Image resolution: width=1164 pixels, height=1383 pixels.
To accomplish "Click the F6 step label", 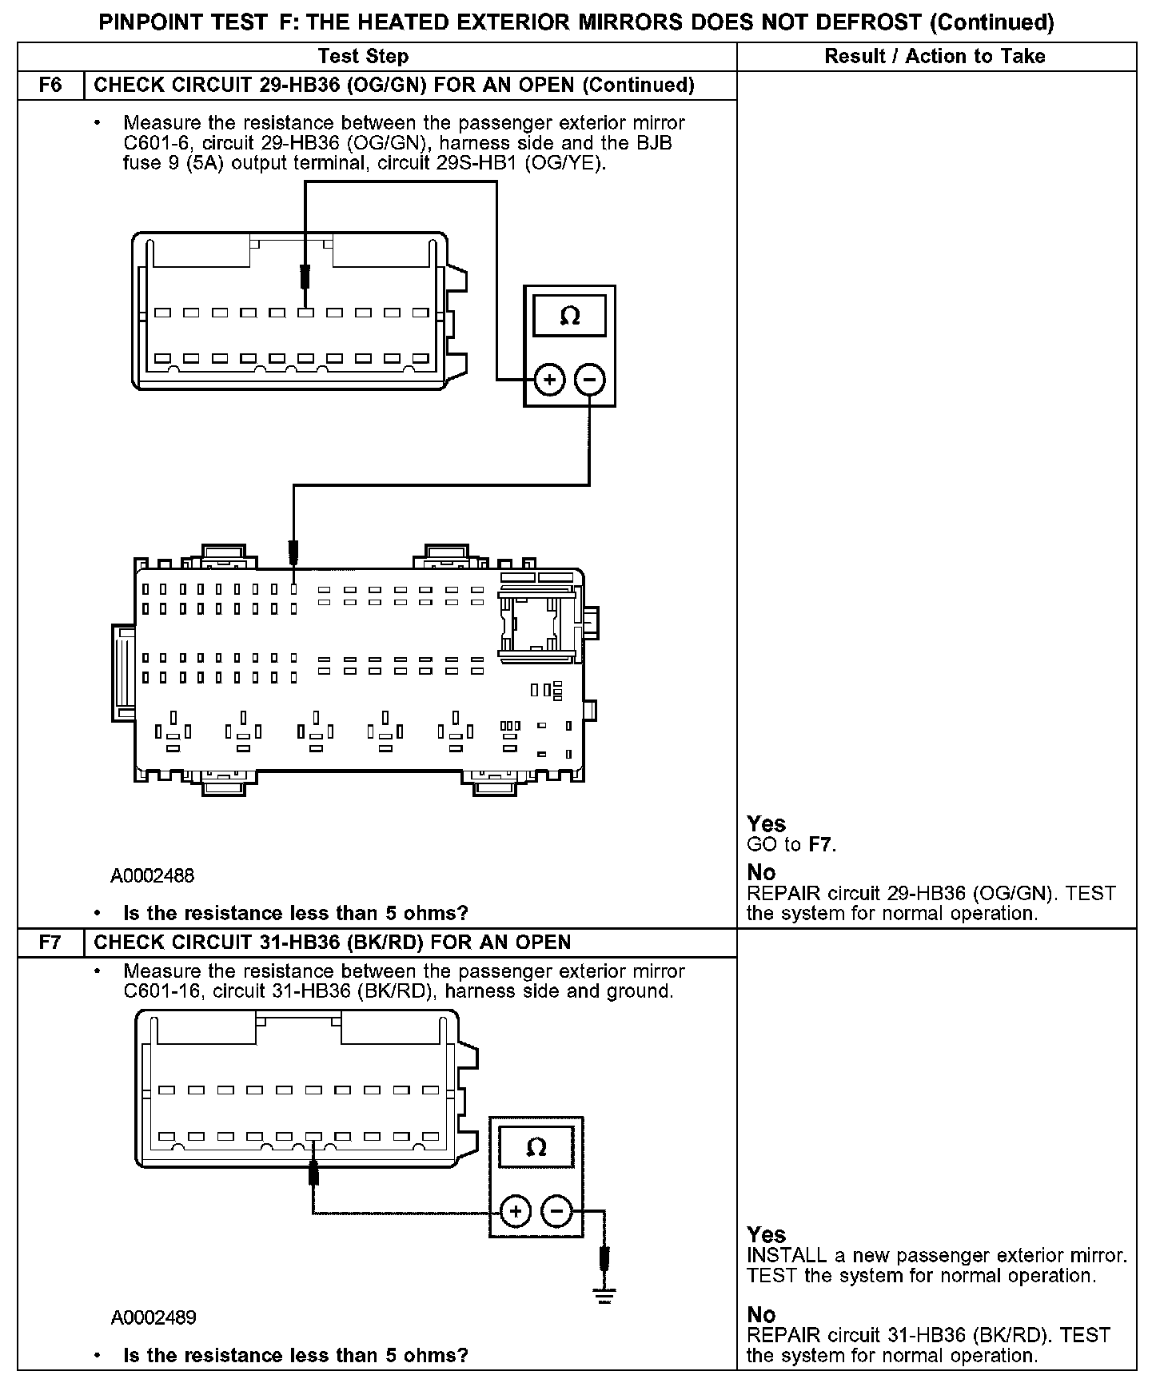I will point(50,86).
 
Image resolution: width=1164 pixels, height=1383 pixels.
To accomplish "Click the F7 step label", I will point(50,942).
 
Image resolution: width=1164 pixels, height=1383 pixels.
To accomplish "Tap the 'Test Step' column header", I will point(363,56).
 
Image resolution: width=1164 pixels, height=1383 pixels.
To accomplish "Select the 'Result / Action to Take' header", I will point(935,56).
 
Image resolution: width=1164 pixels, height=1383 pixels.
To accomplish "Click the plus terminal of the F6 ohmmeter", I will point(549,380).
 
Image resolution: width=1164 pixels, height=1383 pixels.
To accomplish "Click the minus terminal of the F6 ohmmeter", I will point(590,380).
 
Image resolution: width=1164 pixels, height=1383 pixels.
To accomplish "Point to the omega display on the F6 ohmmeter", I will point(570,317).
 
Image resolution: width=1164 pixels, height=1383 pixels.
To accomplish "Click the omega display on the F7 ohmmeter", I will point(536,1148).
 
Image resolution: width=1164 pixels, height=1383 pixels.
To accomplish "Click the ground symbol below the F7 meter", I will point(605,1297).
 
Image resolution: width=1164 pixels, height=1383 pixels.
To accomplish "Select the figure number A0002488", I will point(153,875).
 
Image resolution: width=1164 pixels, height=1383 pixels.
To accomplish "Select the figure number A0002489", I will point(153,1317).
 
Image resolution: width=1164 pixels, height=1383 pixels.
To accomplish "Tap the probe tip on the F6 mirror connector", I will point(305,278).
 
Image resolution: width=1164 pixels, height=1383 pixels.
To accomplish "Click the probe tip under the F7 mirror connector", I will point(314,1173).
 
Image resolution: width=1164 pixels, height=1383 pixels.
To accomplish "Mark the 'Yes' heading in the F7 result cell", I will point(766,1234).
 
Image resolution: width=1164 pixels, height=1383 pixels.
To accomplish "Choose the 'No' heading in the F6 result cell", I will point(761,872).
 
